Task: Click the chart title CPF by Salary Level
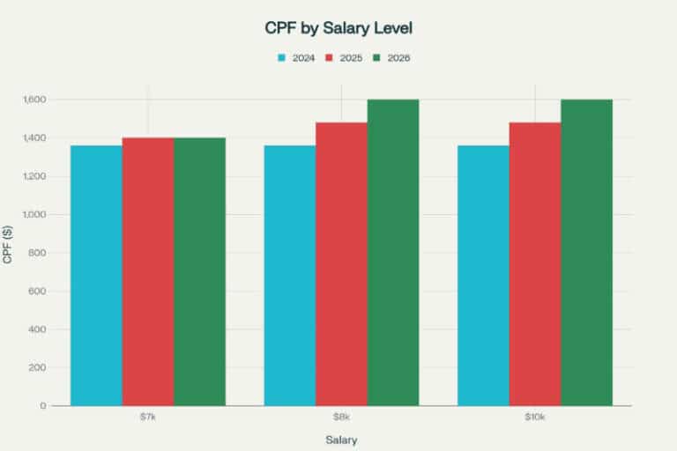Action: coord(338,28)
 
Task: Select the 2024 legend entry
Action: coord(297,58)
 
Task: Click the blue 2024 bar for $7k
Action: coord(96,275)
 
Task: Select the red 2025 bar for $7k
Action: coord(148,271)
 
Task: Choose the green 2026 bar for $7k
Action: coord(199,271)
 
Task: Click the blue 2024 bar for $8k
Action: coord(290,275)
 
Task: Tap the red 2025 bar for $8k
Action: coord(341,263)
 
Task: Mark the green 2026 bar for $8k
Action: coord(393,252)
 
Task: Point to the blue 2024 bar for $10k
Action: coord(483,275)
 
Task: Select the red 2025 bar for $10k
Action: coord(535,263)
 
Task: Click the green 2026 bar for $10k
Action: coord(586,252)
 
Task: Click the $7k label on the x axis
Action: coord(148,416)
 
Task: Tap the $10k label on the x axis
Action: coord(535,416)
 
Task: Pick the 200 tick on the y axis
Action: coord(38,367)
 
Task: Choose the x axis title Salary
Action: coord(341,439)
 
